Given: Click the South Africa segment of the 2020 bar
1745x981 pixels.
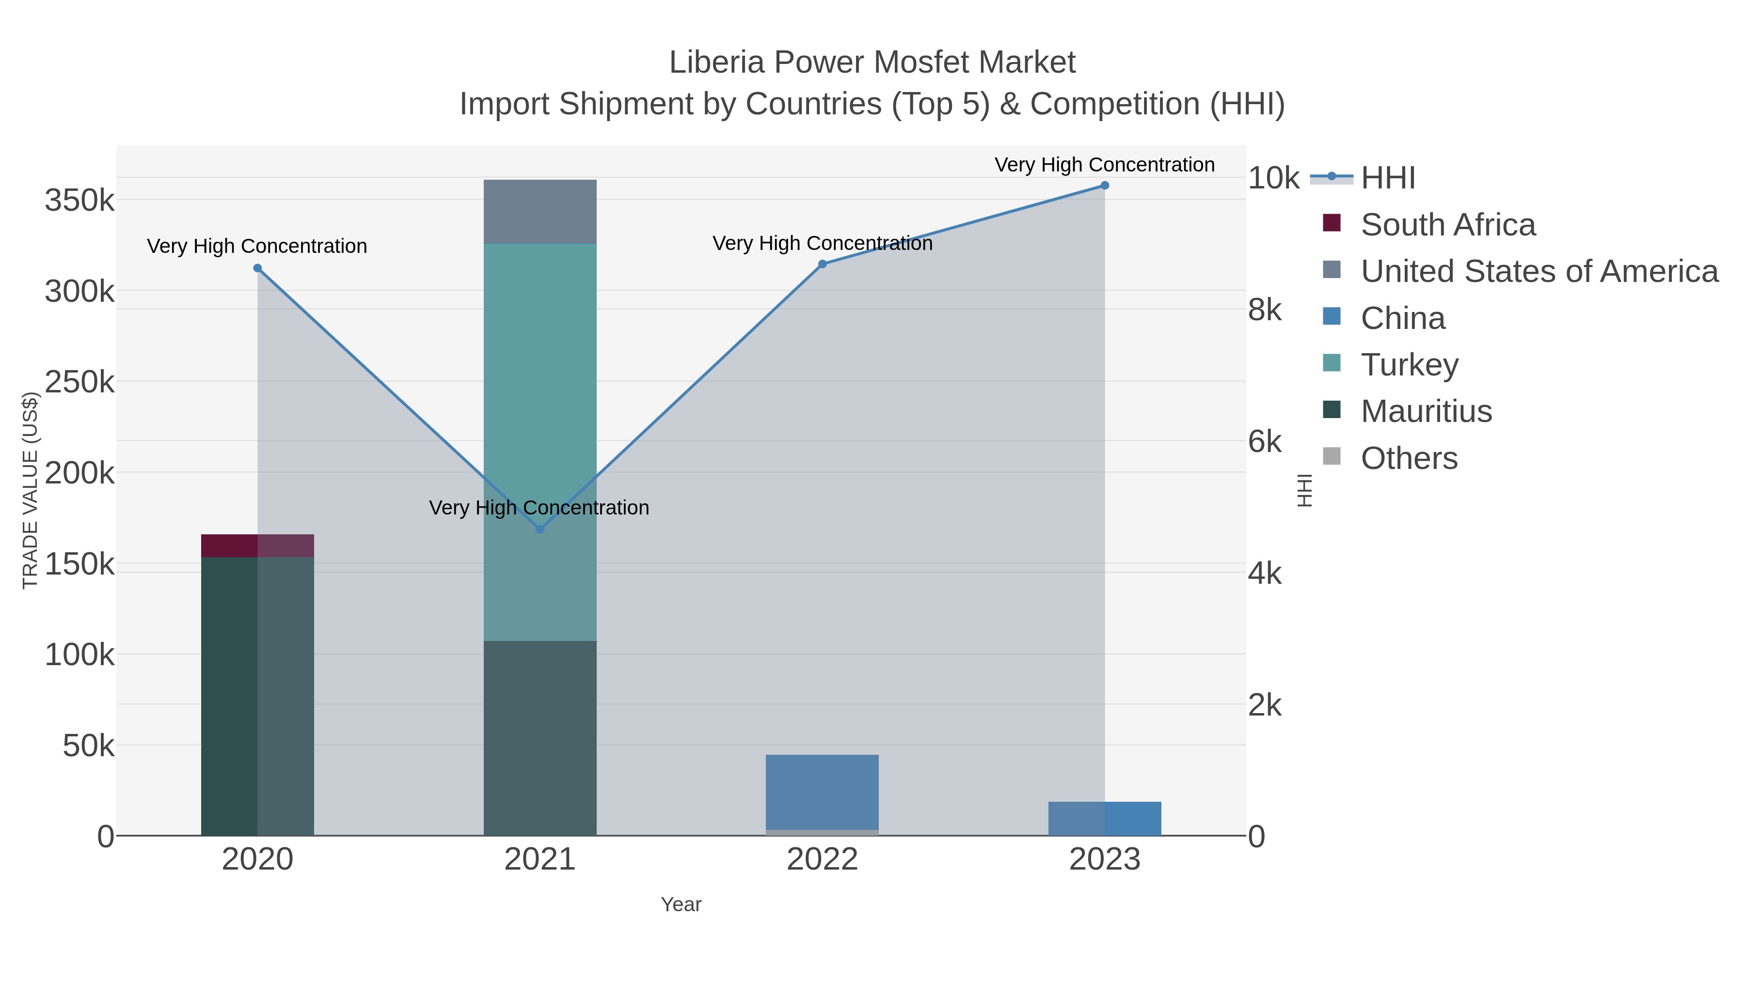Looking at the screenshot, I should [257, 545].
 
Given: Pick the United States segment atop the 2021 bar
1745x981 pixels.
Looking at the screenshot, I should [540, 211].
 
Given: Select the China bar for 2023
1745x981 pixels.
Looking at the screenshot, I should [1104, 819].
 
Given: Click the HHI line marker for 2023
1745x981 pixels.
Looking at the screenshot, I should [1104, 186].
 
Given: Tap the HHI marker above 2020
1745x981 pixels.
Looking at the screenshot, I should [257, 268].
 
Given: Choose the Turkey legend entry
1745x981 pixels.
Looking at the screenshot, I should [1409, 365].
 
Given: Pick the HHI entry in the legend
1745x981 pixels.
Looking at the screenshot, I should [1387, 178].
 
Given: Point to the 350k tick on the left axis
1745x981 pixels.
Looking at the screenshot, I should [79, 201].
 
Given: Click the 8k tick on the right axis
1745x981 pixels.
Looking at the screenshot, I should [1265, 310].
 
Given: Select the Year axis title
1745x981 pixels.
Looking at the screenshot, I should [681, 904].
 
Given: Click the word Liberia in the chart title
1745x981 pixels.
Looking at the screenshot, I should [717, 62].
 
